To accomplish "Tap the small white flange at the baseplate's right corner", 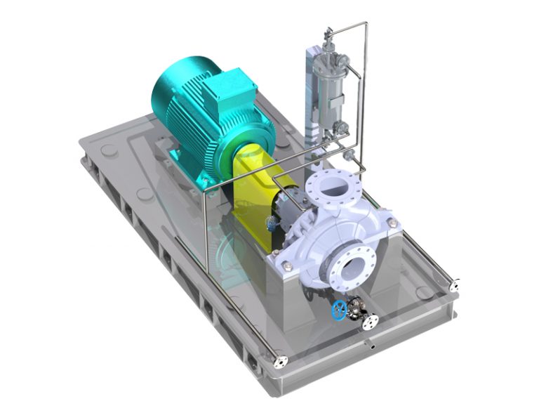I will click(458, 285).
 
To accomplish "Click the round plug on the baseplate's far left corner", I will click(109, 150).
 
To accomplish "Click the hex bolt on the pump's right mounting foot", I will click(393, 224).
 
